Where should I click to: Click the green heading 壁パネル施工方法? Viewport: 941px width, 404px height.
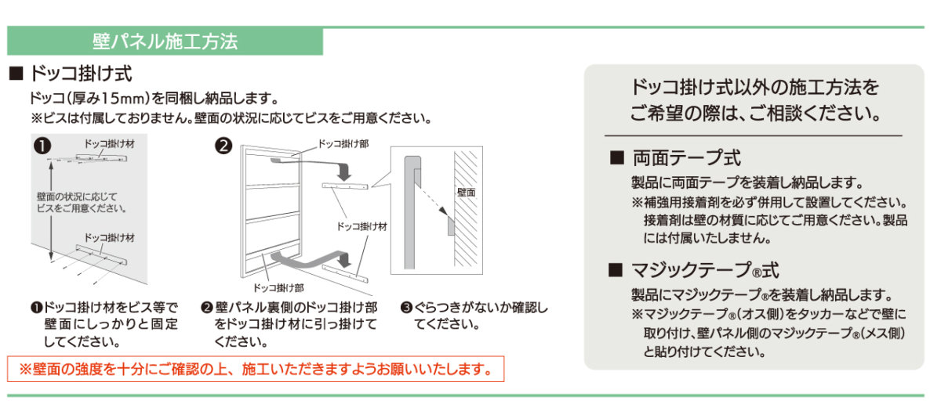[x=165, y=41]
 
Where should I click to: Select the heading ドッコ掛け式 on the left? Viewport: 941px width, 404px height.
[x=81, y=74]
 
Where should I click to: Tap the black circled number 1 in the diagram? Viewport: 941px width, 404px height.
[x=42, y=146]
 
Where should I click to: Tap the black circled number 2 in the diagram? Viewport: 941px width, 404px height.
[x=223, y=146]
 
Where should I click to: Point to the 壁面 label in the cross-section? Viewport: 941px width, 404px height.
[x=466, y=193]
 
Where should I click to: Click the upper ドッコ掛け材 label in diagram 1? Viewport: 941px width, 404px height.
[x=109, y=144]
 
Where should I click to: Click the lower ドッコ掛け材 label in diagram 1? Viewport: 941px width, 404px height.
[x=109, y=238]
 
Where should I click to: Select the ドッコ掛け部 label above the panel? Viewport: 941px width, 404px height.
[x=343, y=144]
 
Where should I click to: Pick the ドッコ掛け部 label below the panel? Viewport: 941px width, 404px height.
[x=278, y=288]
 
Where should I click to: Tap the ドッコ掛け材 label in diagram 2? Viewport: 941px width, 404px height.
[x=362, y=226]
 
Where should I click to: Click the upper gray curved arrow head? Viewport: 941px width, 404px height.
[x=344, y=174]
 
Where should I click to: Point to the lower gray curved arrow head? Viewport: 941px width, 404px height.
[x=345, y=261]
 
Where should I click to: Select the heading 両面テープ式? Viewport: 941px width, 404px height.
[x=687, y=158]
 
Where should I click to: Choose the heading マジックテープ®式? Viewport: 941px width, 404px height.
[x=705, y=270]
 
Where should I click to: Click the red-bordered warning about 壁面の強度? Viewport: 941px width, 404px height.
[x=256, y=370]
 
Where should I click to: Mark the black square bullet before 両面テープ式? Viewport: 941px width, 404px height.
[x=616, y=158]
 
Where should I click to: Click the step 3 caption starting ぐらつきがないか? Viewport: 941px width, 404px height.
[x=474, y=316]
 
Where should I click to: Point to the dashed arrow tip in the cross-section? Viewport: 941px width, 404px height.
[x=446, y=215]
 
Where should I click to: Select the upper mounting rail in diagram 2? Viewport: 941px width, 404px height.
[x=345, y=186]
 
